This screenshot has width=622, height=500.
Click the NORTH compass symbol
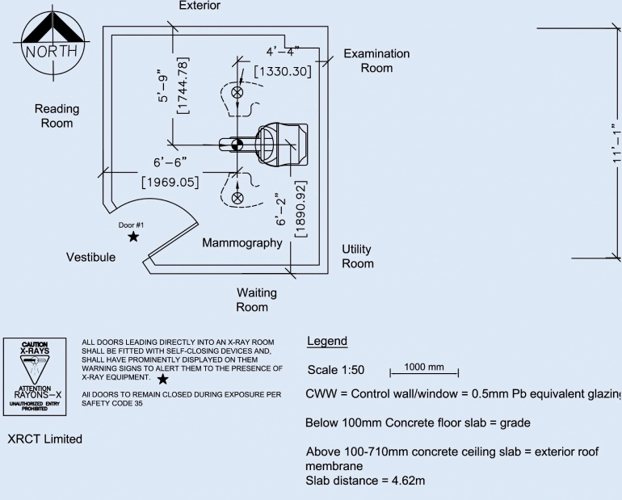[x=50, y=41]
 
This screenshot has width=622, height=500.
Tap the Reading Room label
[x=57, y=116]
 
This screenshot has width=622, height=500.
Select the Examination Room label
[x=376, y=61]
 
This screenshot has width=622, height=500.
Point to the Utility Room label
[x=357, y=256]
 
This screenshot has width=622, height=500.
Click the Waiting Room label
[x=256, y=300]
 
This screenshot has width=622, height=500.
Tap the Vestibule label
[x=90, y=257]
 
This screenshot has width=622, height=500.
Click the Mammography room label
[x=242, y=242]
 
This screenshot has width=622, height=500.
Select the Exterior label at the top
[x=199, y=6]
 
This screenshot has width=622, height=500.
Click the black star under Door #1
[x=133, y=237]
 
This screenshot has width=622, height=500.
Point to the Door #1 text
[x=131, y=225]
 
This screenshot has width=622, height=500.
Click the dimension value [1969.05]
[x=170, y=182]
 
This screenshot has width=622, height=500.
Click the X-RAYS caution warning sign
[x=35, y=375]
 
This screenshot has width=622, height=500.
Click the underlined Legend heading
[x=327, y=342]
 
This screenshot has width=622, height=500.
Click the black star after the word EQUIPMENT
[x=163, y=378]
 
